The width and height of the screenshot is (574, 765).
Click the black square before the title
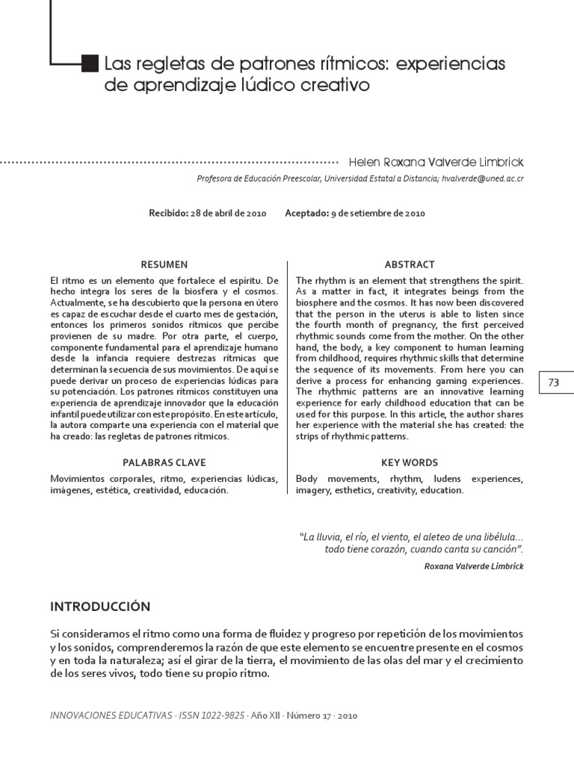(x=89, y=64)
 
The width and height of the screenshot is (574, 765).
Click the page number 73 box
(x=553, y=382)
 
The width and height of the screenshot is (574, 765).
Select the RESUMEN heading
(x=164, y=264)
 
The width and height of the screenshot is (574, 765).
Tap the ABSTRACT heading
(x=410, y=264)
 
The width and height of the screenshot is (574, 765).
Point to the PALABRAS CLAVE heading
(x=164, y=462)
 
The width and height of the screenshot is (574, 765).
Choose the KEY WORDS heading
(x=410, y=462)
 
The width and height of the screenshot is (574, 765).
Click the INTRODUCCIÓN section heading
(x=100, y=606)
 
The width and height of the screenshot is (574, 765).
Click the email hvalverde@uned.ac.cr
(x=482, y=179)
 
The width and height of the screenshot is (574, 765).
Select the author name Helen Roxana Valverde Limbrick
(x=436, y=162)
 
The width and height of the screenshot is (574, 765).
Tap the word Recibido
(x=168, y=213)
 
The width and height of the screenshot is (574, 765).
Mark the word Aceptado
(x=306, y=213)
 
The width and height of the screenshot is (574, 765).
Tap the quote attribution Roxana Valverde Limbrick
(x=474, y=566)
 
